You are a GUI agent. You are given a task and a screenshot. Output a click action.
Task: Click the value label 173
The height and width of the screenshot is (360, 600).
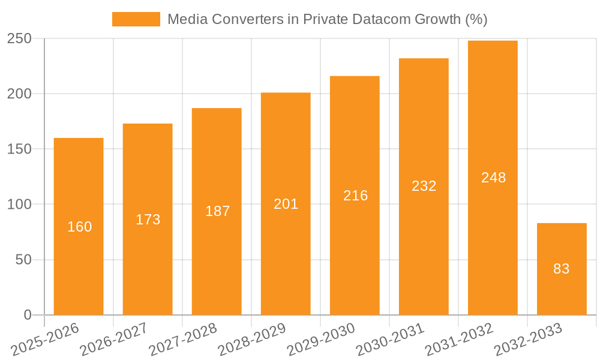(148, 220)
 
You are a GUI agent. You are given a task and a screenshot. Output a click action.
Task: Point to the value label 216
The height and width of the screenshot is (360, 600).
(355, 196)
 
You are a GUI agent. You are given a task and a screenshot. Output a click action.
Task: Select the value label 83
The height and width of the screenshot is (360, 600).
(562, 269)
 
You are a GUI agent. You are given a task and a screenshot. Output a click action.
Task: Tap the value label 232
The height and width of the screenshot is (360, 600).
(424, 186)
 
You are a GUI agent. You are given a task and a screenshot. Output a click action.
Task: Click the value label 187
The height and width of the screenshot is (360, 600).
(217, 211)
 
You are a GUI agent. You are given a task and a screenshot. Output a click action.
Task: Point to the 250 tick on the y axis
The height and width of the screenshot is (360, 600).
(23, 39)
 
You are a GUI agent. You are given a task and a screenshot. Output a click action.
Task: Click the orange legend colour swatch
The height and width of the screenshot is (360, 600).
(136, 19)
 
